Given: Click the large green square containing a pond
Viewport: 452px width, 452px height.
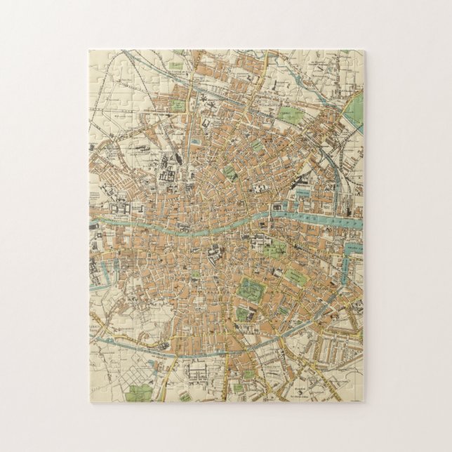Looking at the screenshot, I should click(x=250, y=288).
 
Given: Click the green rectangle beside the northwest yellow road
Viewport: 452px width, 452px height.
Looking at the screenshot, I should click(x=178, y=105).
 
